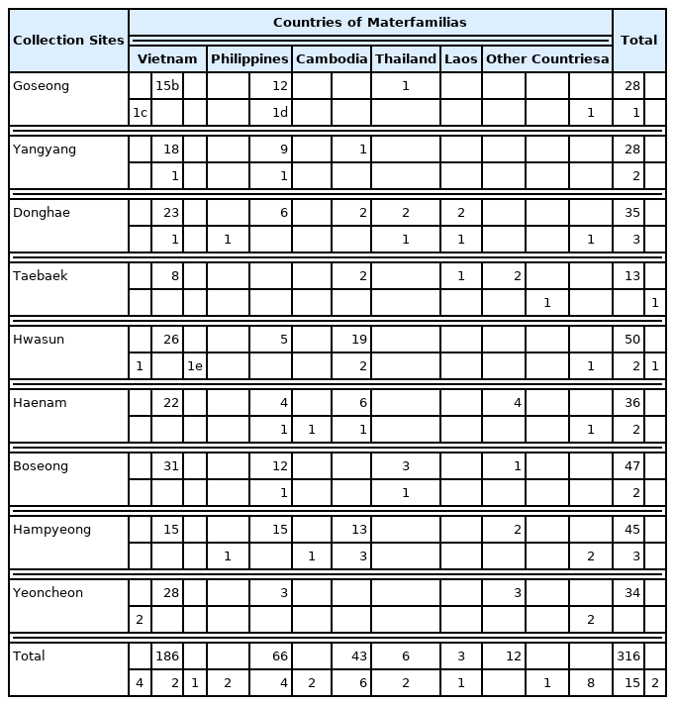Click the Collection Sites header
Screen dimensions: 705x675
click(x=68, y=40)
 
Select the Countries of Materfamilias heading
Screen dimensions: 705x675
click(x=370, y=22)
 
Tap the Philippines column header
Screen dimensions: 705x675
click(x=249, y=58)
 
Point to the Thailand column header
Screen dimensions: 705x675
click(x=405, y=58)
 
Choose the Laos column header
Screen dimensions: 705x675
click(x=460, y=58)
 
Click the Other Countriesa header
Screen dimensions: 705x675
click(x=546, y=58)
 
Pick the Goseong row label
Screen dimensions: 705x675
click(x=41, y=86)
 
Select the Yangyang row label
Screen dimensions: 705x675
click(x=44, y=150)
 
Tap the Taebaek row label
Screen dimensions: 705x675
click(x=40, y=276)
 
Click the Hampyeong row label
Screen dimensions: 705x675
click(x=51, y=530)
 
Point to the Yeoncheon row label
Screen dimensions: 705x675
click(x=48, y=593)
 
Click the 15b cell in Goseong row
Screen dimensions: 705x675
click(x=167, y=86)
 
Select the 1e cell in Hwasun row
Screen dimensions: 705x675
click(x=195, y=365)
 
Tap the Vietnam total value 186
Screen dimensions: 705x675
click(x=167, y=656)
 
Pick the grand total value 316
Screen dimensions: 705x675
click(x=627, y=656)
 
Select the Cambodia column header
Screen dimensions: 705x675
click(x=331, y=58)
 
